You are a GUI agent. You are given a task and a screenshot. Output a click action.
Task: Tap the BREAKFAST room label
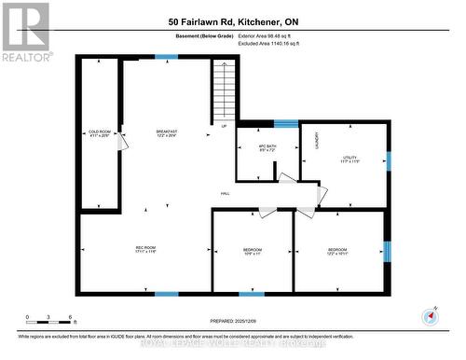pos(167,133)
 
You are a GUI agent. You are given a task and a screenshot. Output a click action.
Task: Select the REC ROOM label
pos(144,248)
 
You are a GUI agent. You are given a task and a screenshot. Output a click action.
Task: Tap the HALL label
pos(225,193)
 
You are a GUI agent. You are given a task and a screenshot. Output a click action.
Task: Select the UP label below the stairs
pos(224,126)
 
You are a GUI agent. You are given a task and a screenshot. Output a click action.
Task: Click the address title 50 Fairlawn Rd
pos(233,21)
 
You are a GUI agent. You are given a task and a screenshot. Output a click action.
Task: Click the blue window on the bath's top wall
pos(285,122)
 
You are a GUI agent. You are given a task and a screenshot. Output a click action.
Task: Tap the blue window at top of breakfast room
pos(166,58)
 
